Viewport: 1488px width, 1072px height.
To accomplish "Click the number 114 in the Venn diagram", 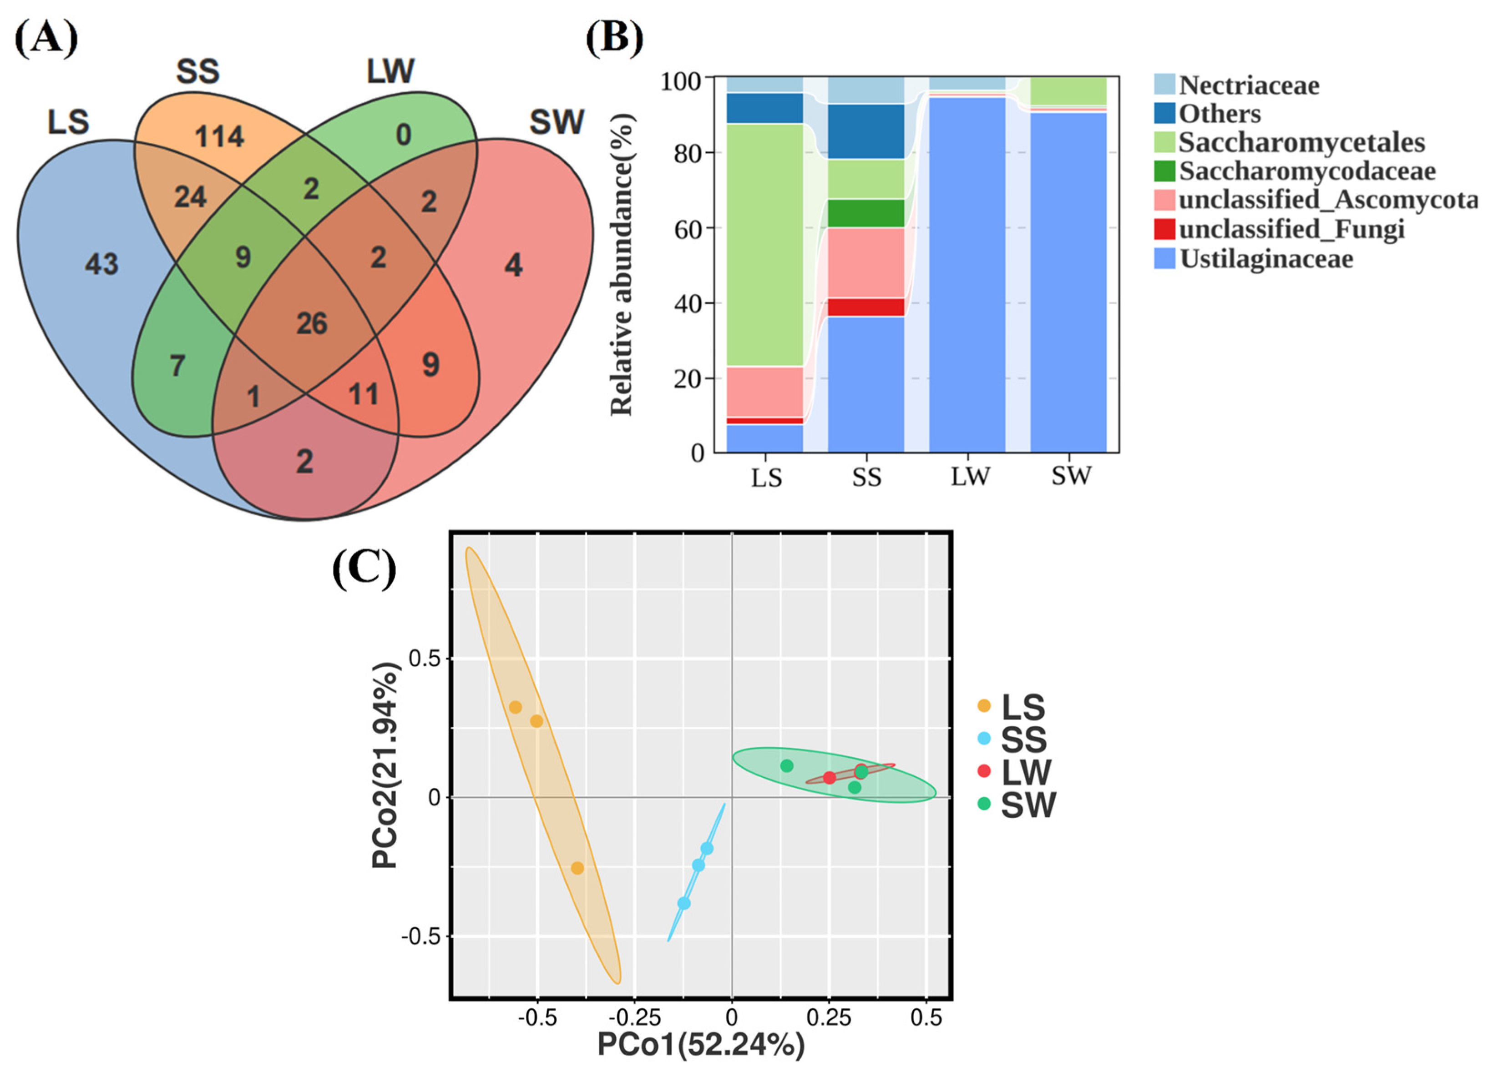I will click(x=219, y=137).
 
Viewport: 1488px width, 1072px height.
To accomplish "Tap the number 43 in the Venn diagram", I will click(x=101, y=264).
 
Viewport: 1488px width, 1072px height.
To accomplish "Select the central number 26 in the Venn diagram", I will click(x=312, y=323).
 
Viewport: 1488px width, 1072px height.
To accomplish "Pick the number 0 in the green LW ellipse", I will click(x=404, y=135).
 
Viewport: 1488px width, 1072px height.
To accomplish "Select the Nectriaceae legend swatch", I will click(x=1164, y=85).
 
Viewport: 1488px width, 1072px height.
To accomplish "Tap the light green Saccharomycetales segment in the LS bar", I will click(x=764, y=244).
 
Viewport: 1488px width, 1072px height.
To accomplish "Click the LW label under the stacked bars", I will click(x=969, y=477).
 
